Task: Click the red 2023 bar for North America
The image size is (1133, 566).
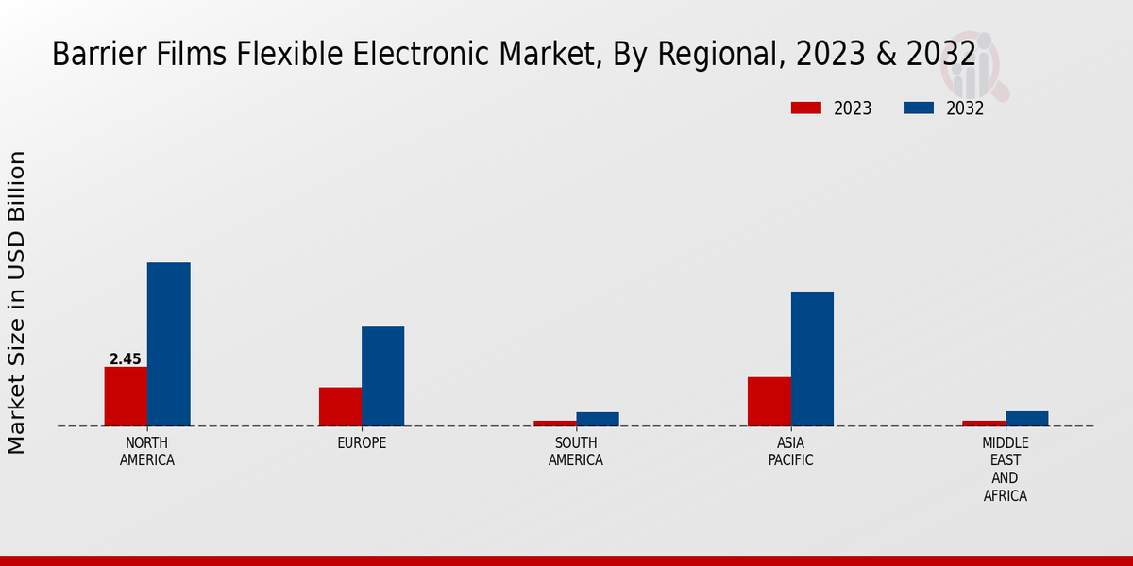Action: [126, 396]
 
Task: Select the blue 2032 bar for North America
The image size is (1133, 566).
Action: [169, 344]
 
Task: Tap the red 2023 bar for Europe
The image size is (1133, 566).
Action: [340, 407]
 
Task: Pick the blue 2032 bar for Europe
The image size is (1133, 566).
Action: [383, 376]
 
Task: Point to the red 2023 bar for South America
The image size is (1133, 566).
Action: [554, 424]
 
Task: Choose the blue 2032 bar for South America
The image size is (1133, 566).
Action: [598, 419]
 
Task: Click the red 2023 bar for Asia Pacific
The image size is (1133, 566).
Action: [769, 402]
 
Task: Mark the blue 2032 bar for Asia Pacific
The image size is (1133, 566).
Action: [812, 359]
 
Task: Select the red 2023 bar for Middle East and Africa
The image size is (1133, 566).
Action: [984, 424]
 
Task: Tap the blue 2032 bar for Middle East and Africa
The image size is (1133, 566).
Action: [1027, 419]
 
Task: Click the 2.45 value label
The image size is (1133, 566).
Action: [126, 359]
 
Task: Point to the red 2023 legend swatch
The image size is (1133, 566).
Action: [806, 108]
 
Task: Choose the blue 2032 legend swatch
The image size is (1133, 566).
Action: [919, 108]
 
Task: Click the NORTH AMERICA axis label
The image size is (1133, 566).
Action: [147, 452]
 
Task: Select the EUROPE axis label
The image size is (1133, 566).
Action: [362, 443]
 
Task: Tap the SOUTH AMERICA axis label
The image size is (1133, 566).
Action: [576, 452]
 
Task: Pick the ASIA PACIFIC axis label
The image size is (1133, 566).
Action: [790, 452]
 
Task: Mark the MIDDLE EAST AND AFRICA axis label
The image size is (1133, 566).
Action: [1006, 469]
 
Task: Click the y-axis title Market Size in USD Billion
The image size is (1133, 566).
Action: [17, 302]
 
